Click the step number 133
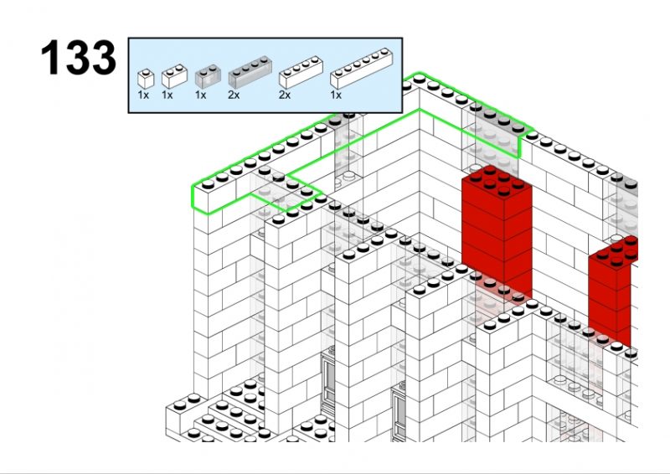click(x=78, y=58)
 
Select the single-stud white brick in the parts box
click(x=146, y=79)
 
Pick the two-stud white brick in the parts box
click(x=174, y=76)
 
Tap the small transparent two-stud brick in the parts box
click(x=208, y=76)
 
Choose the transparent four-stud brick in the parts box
click(x=250, y=72)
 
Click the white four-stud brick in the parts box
click(x=301, y=72)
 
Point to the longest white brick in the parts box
click(x=362, y=69)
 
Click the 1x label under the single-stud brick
click(x=143, y=95)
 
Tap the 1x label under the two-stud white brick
click(x=167, y=95)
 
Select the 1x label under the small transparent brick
click(x=200, y=95)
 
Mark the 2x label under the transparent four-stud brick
click(x=234, y=95)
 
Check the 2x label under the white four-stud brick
click(x=285, y=95)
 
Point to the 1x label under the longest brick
click(x=336, y=95)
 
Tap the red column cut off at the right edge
click(x=613, y=291)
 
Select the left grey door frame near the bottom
click(x=327, y=381)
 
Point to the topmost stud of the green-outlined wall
click(x=420, y=78)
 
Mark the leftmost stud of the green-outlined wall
click(x=208, y=184)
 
